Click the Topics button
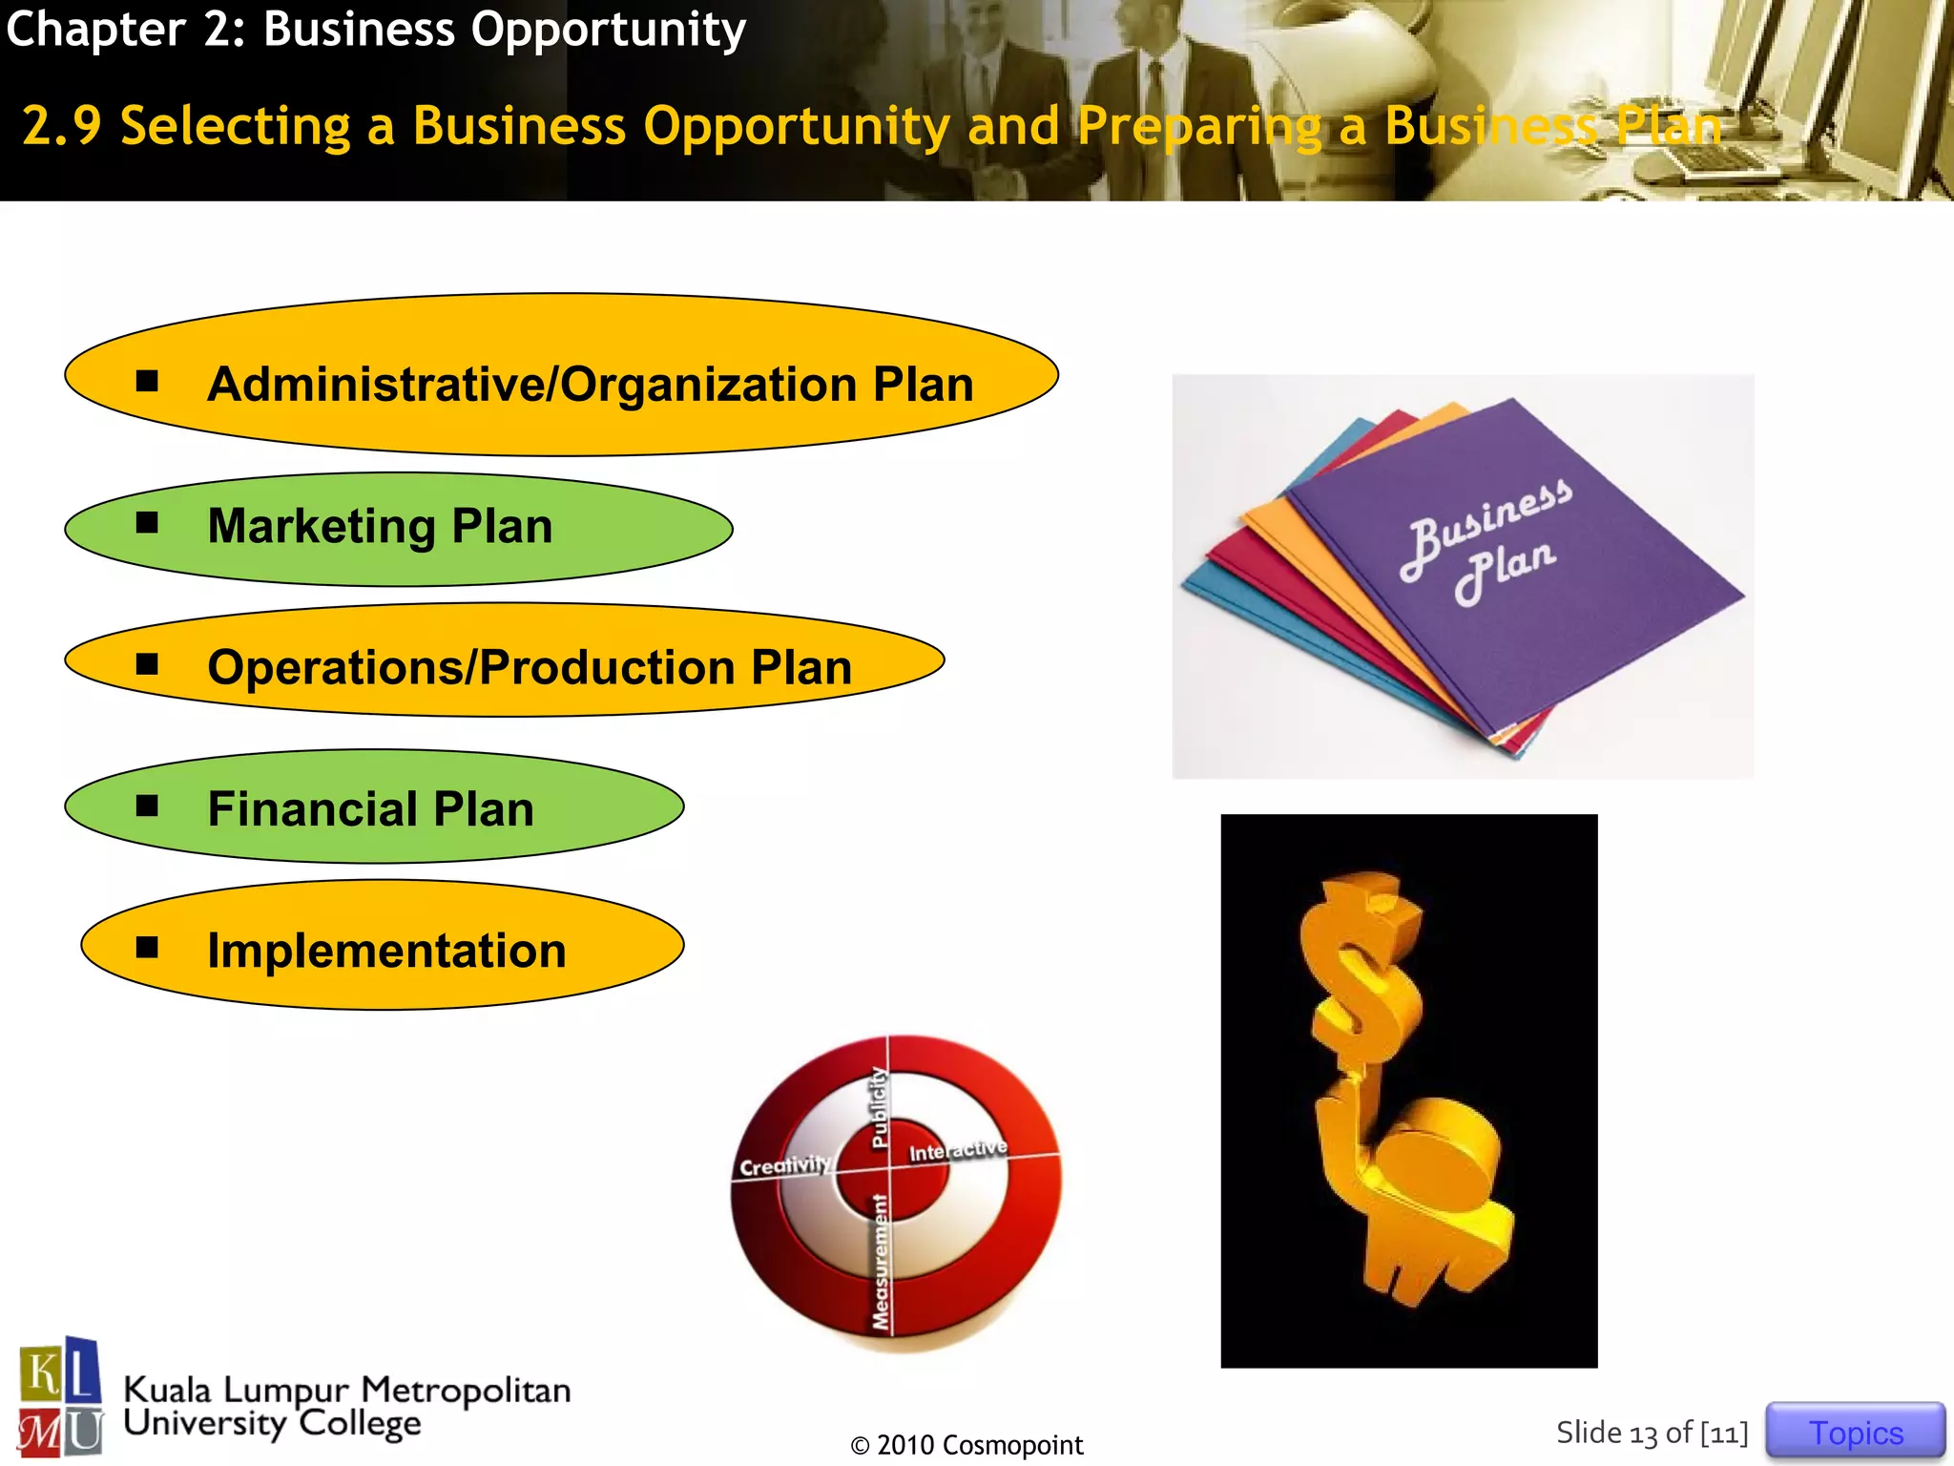pyautogui.click(x=1855, y=1432)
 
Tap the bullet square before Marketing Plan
pyautogui.click(x=147, y=522)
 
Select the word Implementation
pyautogui.click(x=386, y=951)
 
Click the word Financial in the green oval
pyautogui.click(x=312, y=809)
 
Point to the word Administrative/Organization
pyautogui.click(x=531, y=385)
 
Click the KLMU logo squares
pyautogui.click(x=60, y=1397)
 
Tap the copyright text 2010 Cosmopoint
pyautogui.click(x=967, y=1445)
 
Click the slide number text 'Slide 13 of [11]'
pyautogui.click(x=1652, y=1433)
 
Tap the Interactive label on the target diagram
pyautogui.click(x=957, y=1149)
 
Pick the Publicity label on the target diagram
pyautogui.click(x=879, y=1107)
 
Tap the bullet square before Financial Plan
pyautogui.click(x=147, y=806)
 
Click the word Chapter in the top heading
pyautogui.click(x=95, y=29)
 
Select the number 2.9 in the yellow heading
pyautogui.click(x=61, y=126)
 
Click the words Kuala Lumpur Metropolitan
pyautogui.click(x=347, y=1390)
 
